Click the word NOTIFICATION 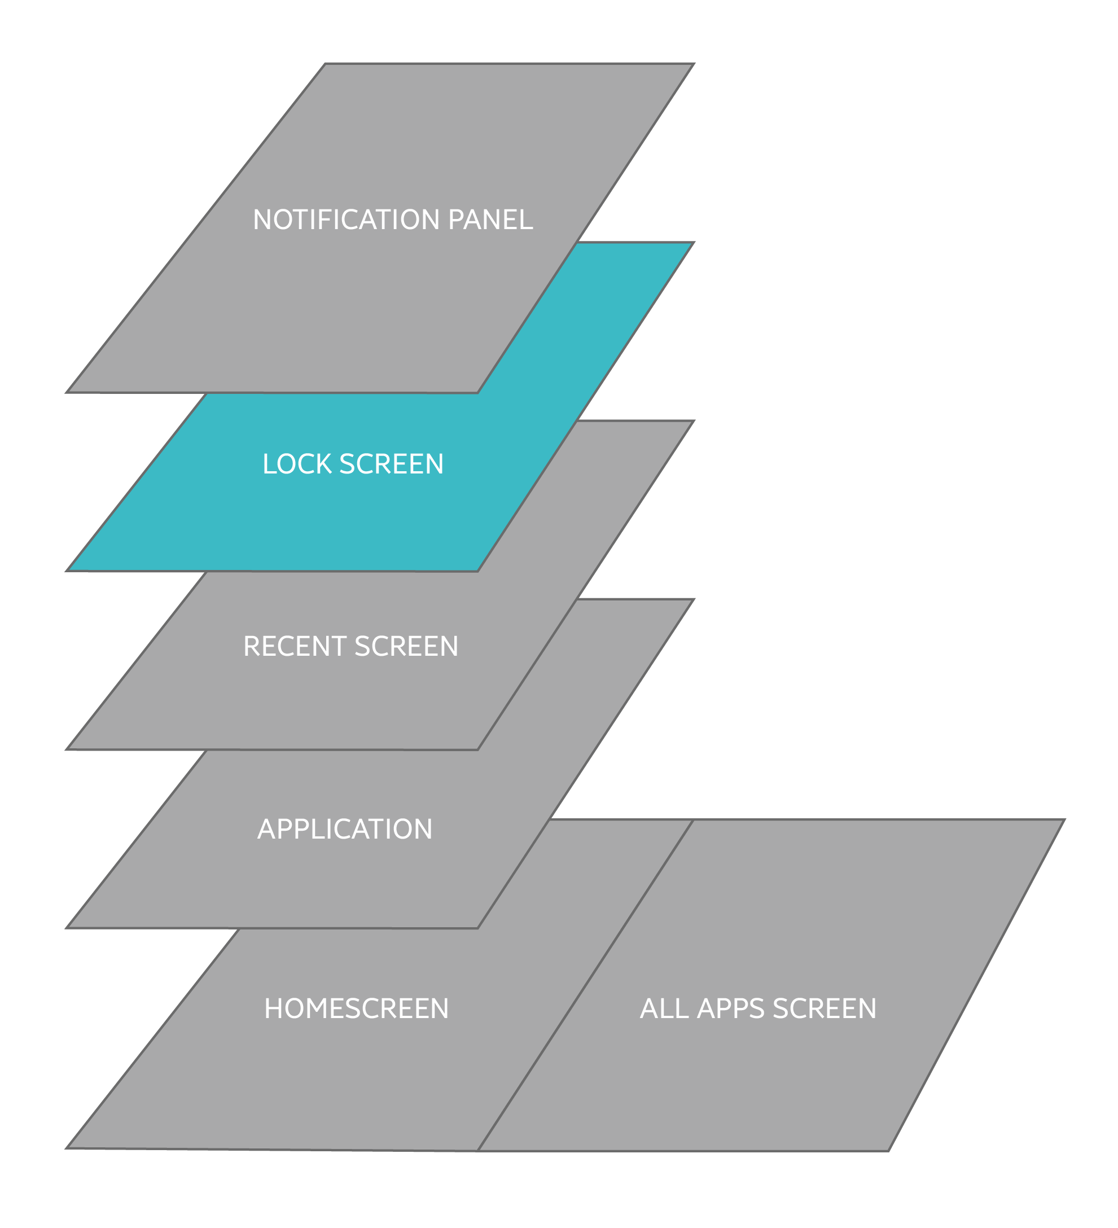coord(347,220)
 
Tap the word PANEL coord(490,220)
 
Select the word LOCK coord(297,464)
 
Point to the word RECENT coord(294,646)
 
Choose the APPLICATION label coord(345,829)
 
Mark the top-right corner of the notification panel coord(694,64)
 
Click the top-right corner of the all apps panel coord(1064,820)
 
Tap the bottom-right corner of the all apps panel coord(889,1151)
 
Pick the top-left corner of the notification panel coord(325,64)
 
